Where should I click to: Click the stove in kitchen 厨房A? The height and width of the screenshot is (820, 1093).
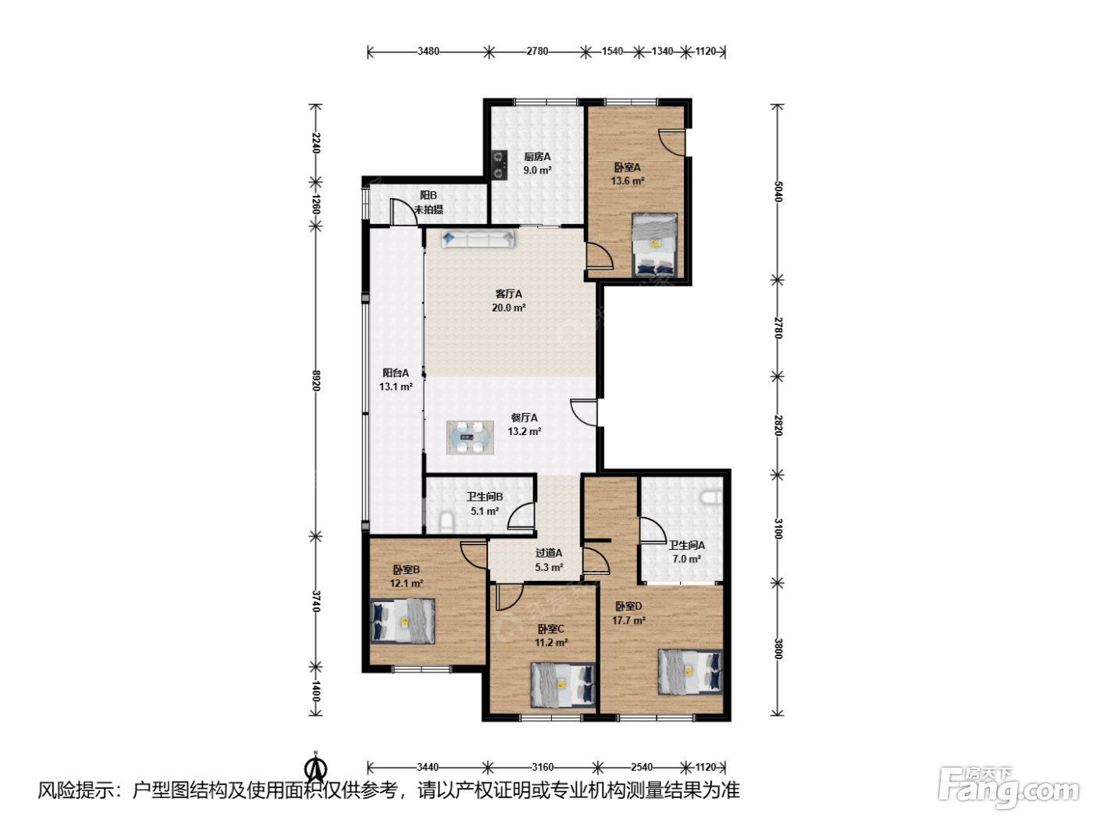tap(499, 165)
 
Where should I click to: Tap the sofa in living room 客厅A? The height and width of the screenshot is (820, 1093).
tap(478, 239)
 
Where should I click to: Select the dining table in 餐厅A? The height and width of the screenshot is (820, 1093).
tap(470, 437)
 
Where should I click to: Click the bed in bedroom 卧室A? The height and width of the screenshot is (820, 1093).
tap(654, 245)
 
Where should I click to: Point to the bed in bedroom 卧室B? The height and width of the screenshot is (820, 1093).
tap(403, 621)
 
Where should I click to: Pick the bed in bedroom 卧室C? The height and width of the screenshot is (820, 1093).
tap(563, 685)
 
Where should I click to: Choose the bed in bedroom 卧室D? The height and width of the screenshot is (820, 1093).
tap(689, 671)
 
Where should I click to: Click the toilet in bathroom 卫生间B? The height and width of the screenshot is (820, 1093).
tap(447, 522)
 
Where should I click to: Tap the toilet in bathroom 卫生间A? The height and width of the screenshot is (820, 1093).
tap(711, 497)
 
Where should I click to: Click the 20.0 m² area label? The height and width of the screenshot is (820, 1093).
tap(508, 308)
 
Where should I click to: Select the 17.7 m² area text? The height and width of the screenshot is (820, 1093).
tap(628, 620)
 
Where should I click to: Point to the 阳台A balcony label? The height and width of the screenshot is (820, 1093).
tap(395, 373)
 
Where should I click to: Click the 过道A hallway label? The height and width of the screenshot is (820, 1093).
tap(549, 553)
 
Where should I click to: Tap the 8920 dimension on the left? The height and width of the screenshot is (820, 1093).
tap(315, 380)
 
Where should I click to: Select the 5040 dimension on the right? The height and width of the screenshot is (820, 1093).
tap(778, 191)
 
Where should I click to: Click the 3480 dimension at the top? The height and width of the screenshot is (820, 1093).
tap(429, 51)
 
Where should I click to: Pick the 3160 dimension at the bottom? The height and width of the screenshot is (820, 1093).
tap(543, 767)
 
